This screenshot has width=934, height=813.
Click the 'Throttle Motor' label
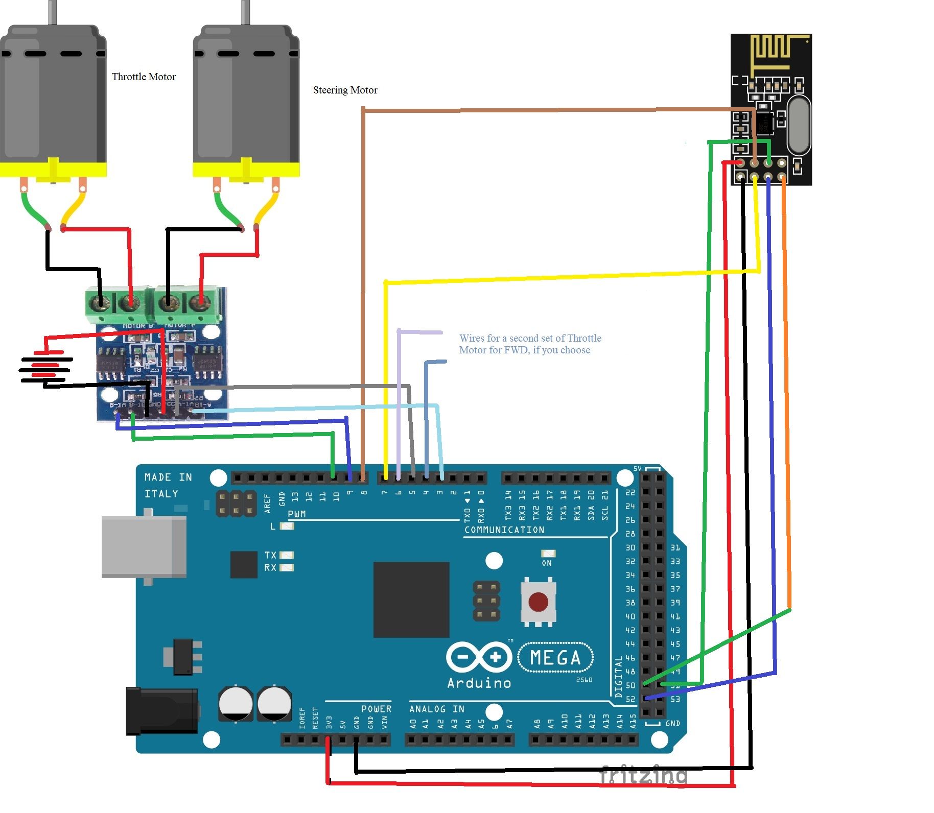pyautogui.click(x=144, y=77)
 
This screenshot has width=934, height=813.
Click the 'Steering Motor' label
pyautogui.click(x=345, y=90)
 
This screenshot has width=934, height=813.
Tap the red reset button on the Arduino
pyautogui.click(x=538, y=602)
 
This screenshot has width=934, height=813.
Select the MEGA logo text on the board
pyautogui.click(x=555, y=658)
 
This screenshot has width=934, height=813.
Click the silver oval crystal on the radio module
pyautogui.click(x=799, y=125)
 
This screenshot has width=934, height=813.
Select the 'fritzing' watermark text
pyautogui.click(x=643, y=775)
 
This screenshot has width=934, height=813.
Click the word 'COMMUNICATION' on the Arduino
pyautogui.click(x=504, y=530)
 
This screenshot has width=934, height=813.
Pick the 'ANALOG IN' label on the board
pyautogui.click(x=436, y=709)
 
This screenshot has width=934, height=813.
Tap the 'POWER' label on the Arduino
pyautogui.click(x=376, y=709)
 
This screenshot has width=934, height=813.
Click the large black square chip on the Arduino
pyautogui.click(x=411, y=600)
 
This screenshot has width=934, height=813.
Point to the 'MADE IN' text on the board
pyautogui.click(x=168, y=477)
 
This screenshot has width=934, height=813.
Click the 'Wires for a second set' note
pyautogui.click(x=530, y=344)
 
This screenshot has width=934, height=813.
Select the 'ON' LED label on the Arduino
pyautogui.click(x=547, y=563)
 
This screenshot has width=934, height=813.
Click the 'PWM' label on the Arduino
pyautogui.click(x=296, y=514)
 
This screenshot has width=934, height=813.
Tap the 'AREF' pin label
pyautogui.click(x=267, y=503)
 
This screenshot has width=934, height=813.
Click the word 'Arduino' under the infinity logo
pyautogui.click(x=479, y=683)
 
